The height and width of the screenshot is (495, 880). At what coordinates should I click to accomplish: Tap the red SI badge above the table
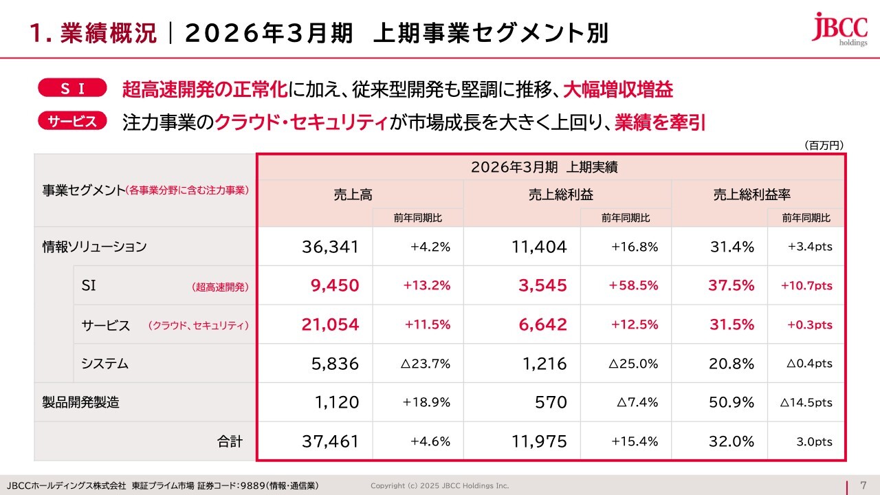click(x=73, y=88)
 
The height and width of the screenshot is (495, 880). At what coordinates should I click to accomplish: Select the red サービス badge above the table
click(x=73, y=121)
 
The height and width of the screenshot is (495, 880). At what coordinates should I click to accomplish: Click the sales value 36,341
click(x=330, y=247)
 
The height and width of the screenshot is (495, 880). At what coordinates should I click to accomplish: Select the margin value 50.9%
click(x=731, y=402)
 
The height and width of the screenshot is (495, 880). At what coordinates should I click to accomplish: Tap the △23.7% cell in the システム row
click(x=425, y=364)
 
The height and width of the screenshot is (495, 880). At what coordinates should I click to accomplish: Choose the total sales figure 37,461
click(x=330, y=441)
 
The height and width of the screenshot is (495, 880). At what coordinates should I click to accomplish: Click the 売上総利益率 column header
click(x=756, y=195)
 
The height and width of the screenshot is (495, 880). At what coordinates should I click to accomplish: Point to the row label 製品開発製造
click(x=81, y=402)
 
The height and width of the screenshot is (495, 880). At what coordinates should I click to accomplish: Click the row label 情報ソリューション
click(x=95, y=247)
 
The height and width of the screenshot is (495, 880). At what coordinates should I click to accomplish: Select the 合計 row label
click(x=230, y=441)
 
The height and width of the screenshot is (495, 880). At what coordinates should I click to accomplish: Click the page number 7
click(x=863, y=485)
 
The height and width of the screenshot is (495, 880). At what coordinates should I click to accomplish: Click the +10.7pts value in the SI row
click(x=806, y=285)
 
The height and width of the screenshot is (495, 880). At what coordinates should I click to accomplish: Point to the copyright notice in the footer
click(x=440, y=485)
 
